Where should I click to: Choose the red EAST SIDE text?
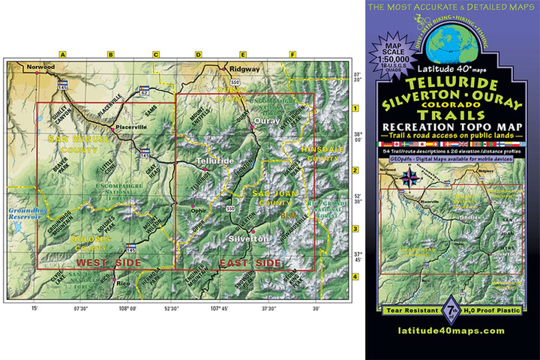point(249,263)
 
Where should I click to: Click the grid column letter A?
point(63,54)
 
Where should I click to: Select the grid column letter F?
point(292,54)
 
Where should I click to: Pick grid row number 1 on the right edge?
point(355,109)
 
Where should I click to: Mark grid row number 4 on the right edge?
point(355,277)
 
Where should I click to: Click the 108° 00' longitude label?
point(128,308)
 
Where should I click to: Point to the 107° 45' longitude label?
point(219,308)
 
